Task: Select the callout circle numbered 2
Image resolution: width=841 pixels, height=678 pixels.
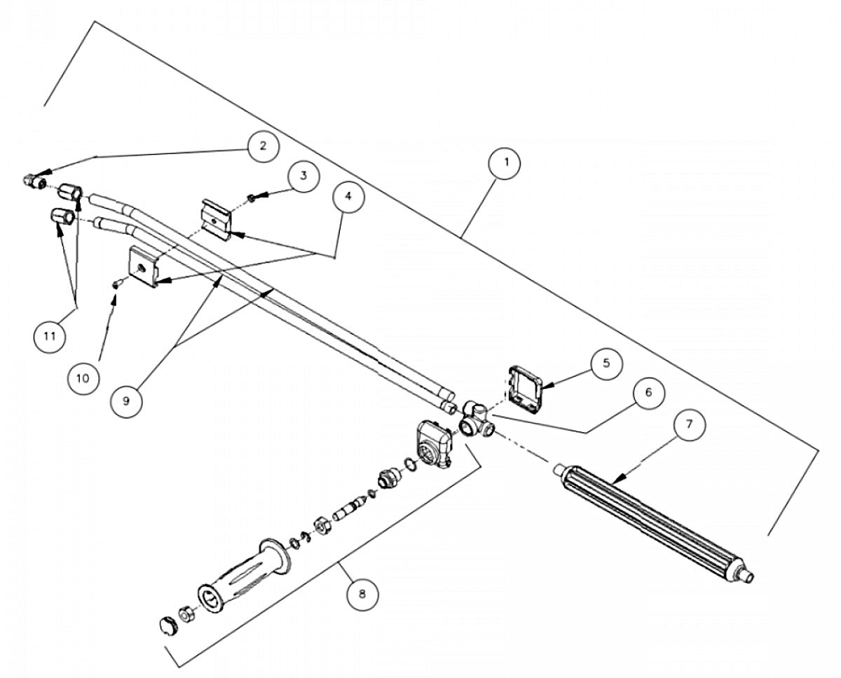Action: (x=262, y=146)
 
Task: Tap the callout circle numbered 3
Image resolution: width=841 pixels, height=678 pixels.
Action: (x=302, y=176)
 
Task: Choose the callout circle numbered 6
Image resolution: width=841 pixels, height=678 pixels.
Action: (x=648, y=393)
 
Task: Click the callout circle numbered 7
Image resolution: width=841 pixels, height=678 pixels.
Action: (x=689, y=424)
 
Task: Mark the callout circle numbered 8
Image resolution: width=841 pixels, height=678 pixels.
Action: (x=362, y=595)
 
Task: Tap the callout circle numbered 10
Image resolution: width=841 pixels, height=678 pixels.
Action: (x=83, y=378)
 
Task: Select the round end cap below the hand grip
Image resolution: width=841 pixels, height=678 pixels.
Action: (x=167, y=625)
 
